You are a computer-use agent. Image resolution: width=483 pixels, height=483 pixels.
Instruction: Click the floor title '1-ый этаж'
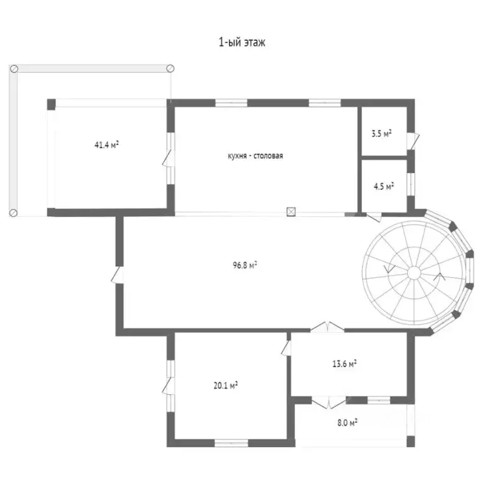(x=241, y=42)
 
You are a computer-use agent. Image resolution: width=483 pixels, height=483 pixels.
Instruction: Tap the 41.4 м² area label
(x=106, y=145)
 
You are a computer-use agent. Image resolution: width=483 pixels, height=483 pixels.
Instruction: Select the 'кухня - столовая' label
(x=255, y=156)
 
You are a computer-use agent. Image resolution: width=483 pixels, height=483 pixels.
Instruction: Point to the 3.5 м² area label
(x=381, y=133)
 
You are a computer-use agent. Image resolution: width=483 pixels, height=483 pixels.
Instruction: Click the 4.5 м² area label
(x=384, y=186)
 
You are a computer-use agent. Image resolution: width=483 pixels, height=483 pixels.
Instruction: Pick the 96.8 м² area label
(x=245, y=265)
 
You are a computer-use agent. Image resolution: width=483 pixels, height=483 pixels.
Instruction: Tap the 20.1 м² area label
(x=226, y=385)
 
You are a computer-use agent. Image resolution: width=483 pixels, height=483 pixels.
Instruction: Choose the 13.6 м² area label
(x=345, y=364)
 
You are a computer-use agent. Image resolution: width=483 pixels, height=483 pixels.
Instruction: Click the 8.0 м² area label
(x=347, y=423)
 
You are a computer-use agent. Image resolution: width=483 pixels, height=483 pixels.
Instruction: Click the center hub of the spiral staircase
(x=414, y=272)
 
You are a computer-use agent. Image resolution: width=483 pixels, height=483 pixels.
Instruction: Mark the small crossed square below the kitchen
(x=291, y=211)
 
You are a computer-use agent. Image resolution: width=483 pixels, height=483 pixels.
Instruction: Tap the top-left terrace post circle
(x=14, y=69)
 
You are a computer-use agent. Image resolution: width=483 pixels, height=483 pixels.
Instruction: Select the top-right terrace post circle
(x=170, y=69)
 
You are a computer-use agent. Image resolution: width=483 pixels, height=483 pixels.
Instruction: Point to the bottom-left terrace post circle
(x=13, y=213)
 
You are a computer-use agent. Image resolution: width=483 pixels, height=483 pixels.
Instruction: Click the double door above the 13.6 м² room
(x=327, y=327)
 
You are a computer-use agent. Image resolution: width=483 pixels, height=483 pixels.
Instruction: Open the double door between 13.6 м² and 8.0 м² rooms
(x=329, y=402)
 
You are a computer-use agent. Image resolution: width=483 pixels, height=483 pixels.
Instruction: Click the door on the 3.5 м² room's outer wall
(x=413, y=141)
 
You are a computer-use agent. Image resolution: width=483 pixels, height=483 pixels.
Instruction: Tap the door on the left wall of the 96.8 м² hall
(x=118, y=275)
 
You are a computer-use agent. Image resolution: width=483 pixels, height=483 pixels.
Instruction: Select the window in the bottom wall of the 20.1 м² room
(x=231, y=443)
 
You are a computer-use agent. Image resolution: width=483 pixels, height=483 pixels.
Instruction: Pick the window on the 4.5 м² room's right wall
(x=411, y=184)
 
